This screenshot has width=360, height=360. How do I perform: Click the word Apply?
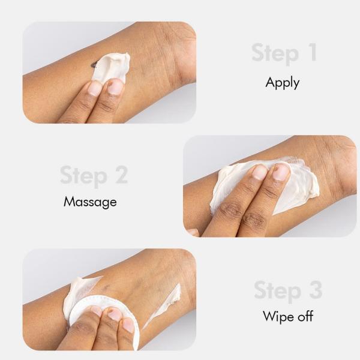point(283,83)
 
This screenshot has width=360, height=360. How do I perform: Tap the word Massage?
point(90,202)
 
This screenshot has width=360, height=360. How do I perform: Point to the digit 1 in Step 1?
point(312,52)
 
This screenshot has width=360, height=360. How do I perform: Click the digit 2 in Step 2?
point(121,175)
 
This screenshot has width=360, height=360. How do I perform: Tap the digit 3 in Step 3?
point(316,290)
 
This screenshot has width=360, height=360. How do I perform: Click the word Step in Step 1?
point(275,53)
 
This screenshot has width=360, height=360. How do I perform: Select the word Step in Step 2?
point(84,176)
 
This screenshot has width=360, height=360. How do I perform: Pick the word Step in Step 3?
point(278,291)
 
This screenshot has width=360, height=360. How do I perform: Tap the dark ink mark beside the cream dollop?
point(94,65)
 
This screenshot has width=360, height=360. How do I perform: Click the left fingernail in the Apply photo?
point(95,89)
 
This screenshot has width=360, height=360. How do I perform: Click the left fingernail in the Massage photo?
point(260,173)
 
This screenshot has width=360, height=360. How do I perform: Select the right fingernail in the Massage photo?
point(281,172)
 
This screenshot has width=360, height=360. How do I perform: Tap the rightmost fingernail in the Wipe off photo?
point(128,325)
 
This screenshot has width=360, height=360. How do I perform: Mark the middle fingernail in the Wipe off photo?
point(115,314)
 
